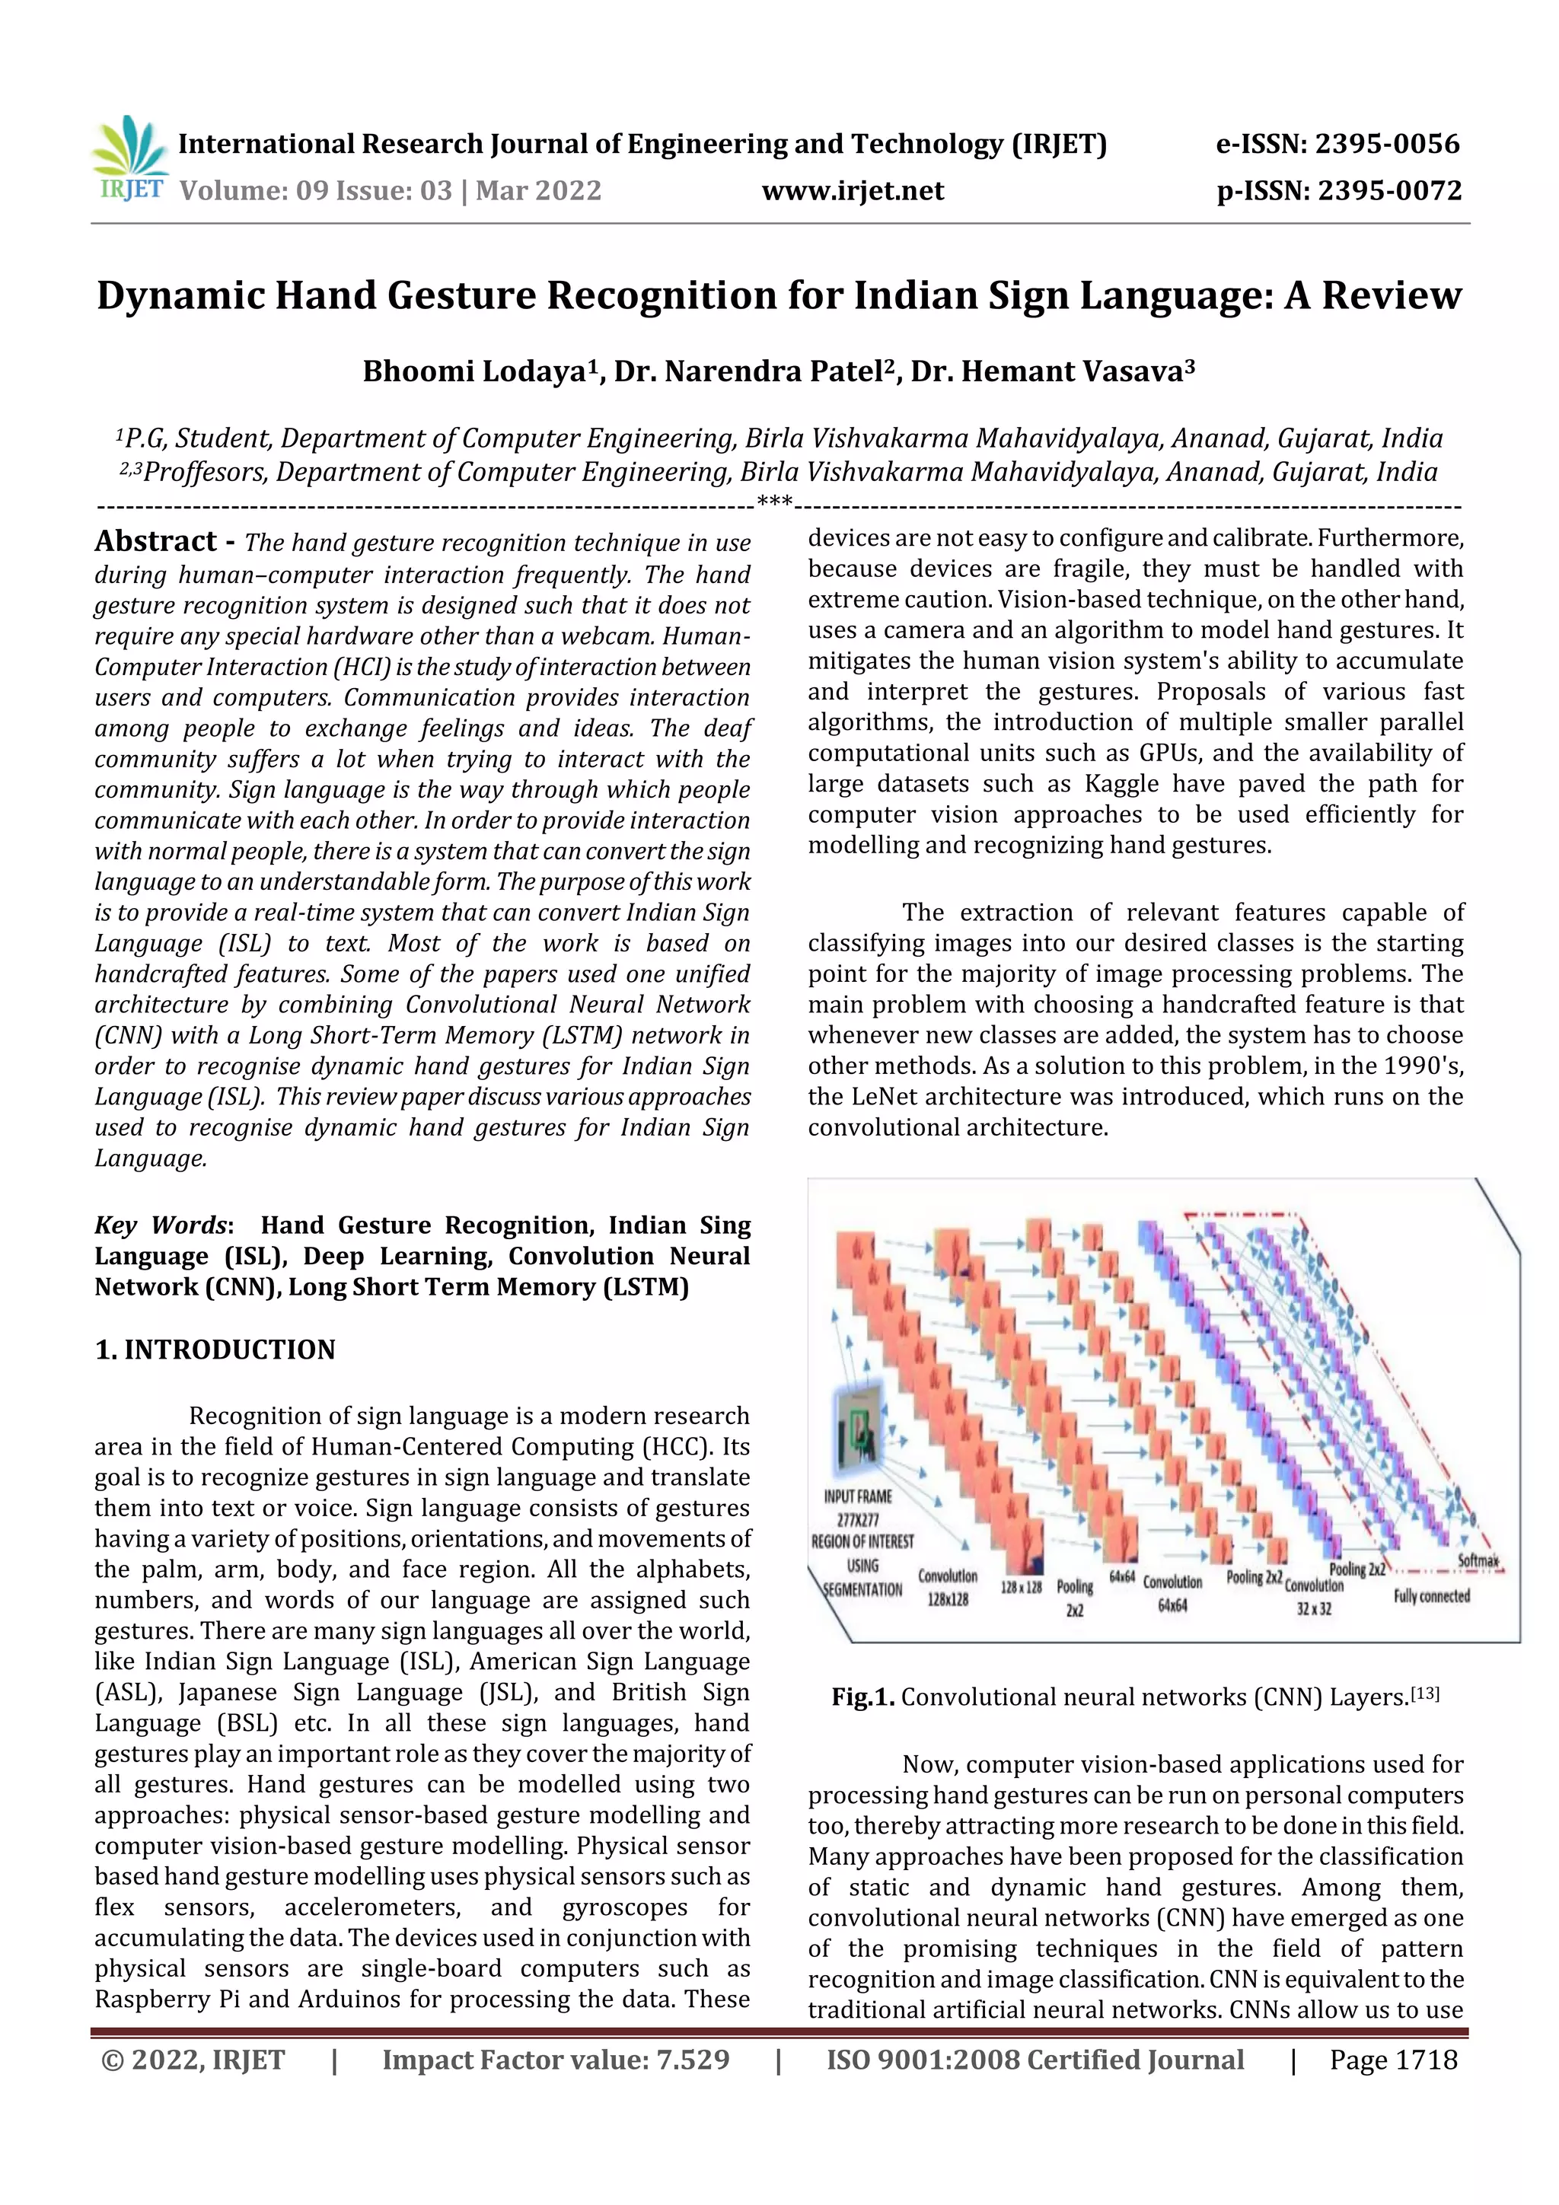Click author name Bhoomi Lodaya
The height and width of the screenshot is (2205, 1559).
click(x=473, y=371)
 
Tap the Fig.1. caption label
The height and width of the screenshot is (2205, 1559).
click(x=862, y=1697)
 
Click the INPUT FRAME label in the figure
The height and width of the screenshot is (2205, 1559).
click(x=858, y=1496)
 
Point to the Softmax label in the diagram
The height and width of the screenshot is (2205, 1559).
click(x=1478, y=1560)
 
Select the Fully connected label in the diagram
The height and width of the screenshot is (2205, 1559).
click(x=1431, y=1596)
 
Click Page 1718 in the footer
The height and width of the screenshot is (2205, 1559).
click(x=1393, y=2060)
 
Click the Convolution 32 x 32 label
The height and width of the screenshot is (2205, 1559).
click(x=1313, y=1597)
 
